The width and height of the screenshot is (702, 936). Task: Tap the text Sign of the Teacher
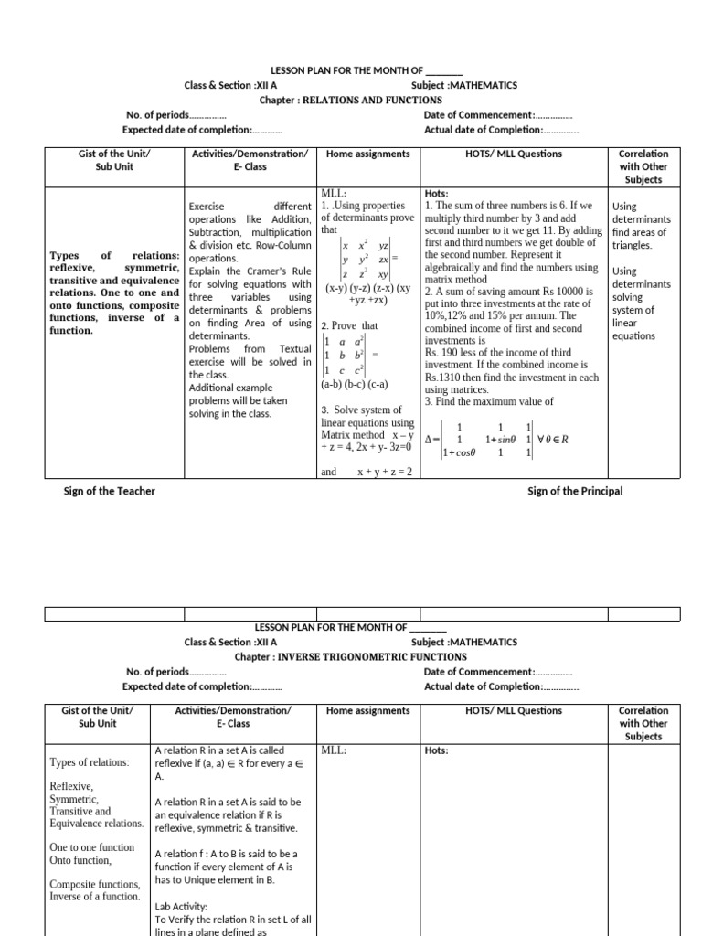(109, 491)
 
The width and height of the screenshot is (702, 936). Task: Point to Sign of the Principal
(575, 491)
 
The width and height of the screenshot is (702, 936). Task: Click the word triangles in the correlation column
(633, 245)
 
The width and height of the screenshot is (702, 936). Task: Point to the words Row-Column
(278, 245)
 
